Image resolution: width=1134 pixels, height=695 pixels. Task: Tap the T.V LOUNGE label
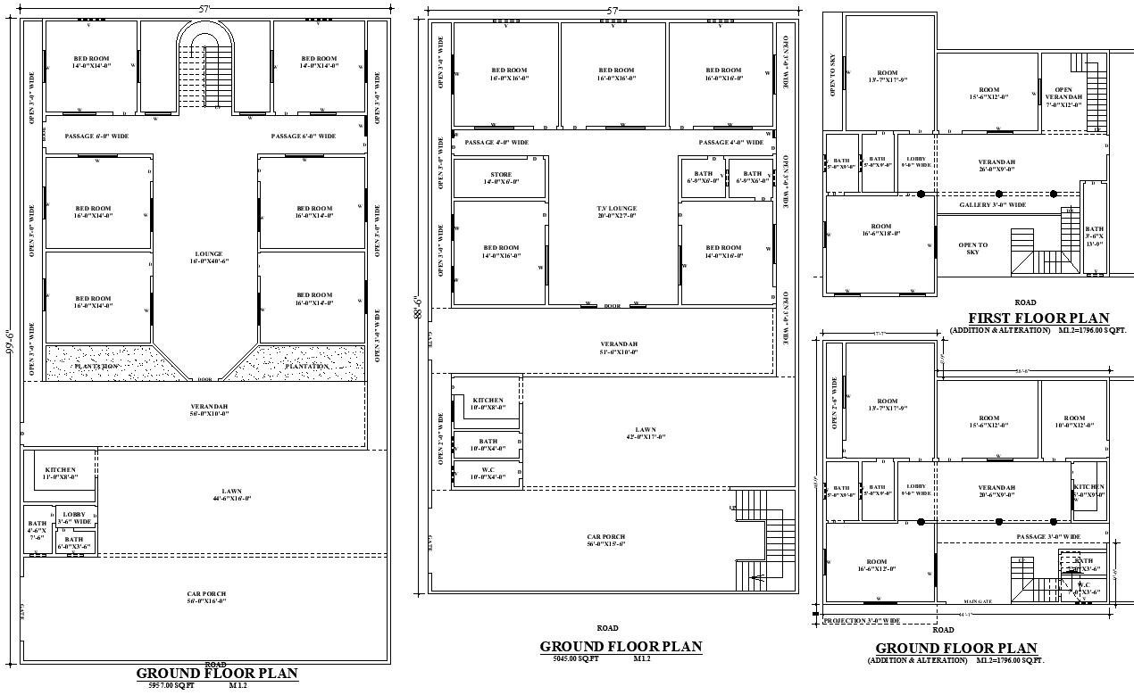[616, 212]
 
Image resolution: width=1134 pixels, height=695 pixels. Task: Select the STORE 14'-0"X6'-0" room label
[501, 178]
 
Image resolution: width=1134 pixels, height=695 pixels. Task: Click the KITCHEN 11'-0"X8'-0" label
[61, 474]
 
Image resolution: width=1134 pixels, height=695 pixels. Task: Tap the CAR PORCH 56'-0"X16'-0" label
[206, 597]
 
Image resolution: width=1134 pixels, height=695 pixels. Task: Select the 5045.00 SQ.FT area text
[575, 658]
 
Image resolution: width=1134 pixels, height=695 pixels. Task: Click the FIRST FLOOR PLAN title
[1038, 318]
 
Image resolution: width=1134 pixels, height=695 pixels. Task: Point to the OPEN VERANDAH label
[1063, 96]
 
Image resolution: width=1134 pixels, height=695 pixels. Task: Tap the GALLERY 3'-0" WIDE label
[993, 205]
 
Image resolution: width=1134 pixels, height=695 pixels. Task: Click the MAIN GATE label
[978, 601]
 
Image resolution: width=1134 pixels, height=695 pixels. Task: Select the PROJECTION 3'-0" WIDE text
[862, 620]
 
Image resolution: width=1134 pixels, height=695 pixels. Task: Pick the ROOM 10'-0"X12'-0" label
[1074, 421]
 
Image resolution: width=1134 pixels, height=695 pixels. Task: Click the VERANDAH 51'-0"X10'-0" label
[619, 348]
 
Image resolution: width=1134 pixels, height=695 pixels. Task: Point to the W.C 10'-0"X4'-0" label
[488, 474]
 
